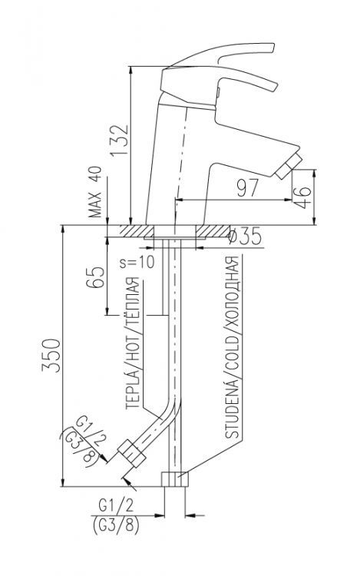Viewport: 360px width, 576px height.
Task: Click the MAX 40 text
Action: [96, 194]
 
